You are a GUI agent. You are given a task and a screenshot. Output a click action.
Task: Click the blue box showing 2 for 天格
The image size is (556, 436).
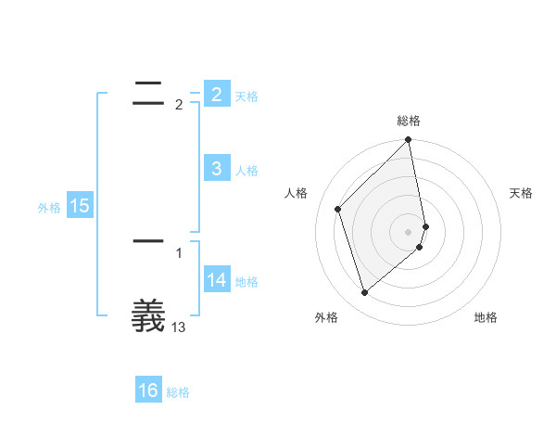pos(216,94)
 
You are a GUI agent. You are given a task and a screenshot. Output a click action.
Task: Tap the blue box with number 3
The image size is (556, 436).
pos(216,168)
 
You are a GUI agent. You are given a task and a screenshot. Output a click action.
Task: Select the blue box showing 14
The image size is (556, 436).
pos(216,279)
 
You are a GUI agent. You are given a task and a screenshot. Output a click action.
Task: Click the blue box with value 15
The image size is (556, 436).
pos(80,206)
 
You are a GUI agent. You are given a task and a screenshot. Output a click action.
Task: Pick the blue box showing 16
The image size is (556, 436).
pos(148,391)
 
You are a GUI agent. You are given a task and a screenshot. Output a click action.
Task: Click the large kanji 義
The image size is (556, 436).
pos(148,315)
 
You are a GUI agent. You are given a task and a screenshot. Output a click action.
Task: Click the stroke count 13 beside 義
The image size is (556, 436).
pos(179,327)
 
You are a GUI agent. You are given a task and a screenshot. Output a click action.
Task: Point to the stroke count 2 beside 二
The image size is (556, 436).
pos(178,105)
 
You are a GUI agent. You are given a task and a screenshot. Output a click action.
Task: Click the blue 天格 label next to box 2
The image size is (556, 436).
pos(246,96)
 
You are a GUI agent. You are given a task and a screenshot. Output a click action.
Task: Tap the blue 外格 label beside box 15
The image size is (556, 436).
pos(49,208)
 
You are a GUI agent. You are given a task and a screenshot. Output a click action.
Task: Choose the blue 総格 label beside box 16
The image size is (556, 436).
pos(178,392)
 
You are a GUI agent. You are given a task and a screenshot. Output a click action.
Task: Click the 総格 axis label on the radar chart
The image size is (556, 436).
pos(409,121)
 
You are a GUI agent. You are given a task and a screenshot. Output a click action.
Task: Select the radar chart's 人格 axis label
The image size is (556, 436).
pos(297,193)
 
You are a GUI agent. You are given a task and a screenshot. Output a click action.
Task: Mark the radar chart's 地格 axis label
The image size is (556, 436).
pos(486,317)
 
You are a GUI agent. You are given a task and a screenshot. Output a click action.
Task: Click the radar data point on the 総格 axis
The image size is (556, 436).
pos(409,141)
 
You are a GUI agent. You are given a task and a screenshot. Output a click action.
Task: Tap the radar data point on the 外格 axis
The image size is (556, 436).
pos(364,292)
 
